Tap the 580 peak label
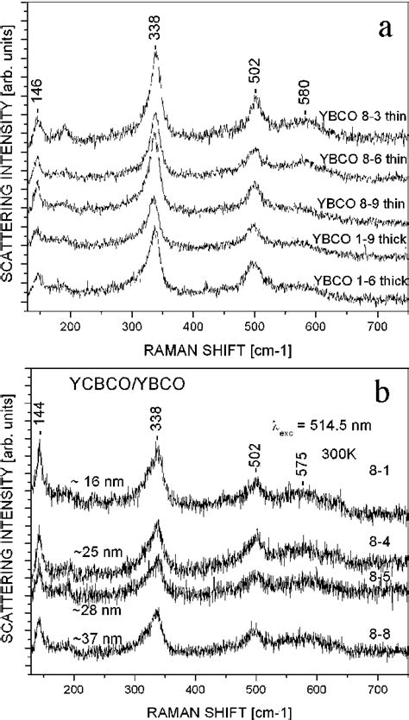(x=305, y=99)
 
